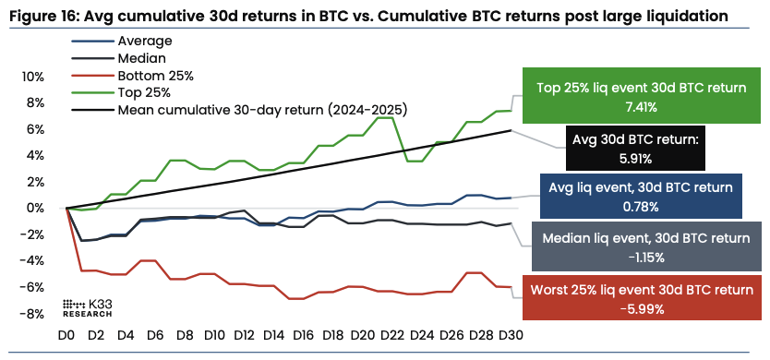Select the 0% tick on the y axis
click(35, 208)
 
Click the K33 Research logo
click(87, 308)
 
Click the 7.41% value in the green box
click(640, 107)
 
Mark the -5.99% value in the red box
click(643, 307)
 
